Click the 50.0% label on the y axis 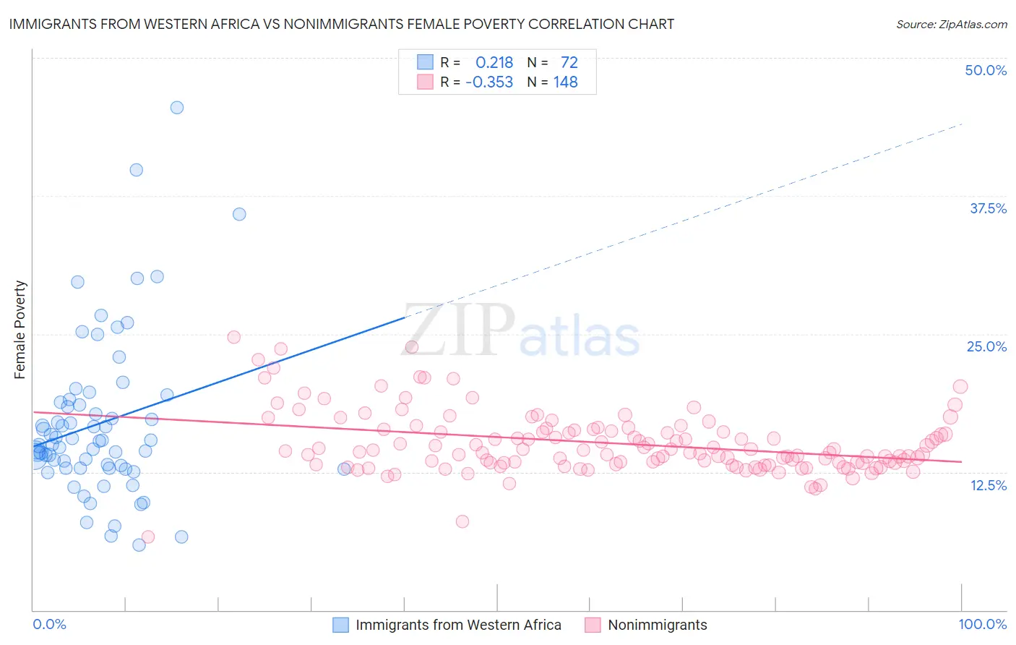tap(986, 70)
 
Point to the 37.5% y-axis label tap(988, 208)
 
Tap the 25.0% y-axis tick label tap(986, 346)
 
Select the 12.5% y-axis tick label tap(988, 485)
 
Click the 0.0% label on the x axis tap(49, 624)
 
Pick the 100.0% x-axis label tap(983, 624)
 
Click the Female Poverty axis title tap(20, 330)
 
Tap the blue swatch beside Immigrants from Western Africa tap(340, 625)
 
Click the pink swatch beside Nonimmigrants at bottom tap(593, 625)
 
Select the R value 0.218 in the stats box tap(494, 62)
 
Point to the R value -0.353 tap(489, 82)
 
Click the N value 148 tap(565, 82)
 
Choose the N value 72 tap(569, 62)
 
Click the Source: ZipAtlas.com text tap(951, 25)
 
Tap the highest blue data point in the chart tap(177, 108)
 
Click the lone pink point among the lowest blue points tap(148, 537)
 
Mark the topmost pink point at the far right tap(960, 387)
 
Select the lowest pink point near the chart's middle tap(462, 521)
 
